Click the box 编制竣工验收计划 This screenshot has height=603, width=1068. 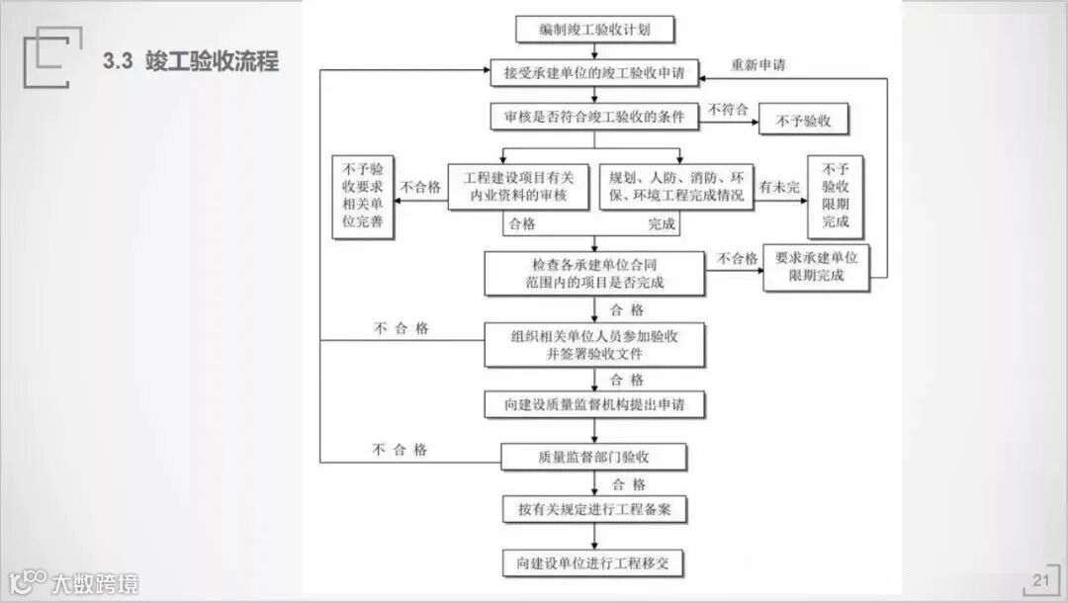594,30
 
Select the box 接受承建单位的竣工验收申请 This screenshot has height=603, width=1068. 594,72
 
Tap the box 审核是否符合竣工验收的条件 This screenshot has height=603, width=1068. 594,117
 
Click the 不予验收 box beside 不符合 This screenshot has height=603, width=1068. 803,121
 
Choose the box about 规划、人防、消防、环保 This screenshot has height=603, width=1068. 675,187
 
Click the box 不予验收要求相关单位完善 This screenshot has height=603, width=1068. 362,197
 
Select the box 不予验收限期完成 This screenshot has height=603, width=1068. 835,197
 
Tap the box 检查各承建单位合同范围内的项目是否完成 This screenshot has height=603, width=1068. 594,273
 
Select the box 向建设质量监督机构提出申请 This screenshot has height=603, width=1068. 594,404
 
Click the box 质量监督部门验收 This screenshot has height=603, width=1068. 594,457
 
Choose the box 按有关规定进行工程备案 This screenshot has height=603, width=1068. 594,510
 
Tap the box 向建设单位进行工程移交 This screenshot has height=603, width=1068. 594,563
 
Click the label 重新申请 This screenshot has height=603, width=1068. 758,65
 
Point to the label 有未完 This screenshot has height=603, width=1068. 779,186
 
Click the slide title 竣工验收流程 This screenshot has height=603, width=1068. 191,61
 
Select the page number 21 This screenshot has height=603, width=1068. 1040,580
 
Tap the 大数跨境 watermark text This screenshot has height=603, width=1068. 95,583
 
